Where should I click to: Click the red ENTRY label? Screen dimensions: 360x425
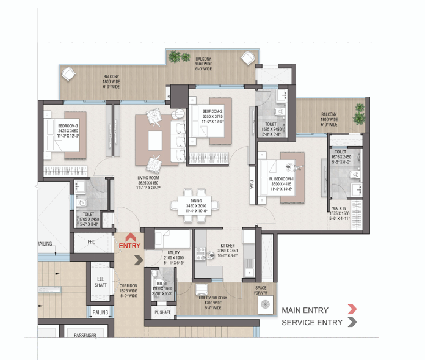click(129, 245)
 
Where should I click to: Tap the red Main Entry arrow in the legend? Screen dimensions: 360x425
click(352, 310)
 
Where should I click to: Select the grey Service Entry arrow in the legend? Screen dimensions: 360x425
click(352, 323)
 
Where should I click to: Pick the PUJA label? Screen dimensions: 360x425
click(252, 183)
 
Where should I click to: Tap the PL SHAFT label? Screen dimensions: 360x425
click(161, 312)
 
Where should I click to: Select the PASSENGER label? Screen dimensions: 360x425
click(85, 335)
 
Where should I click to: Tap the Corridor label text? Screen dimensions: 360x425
click(128, 290)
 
